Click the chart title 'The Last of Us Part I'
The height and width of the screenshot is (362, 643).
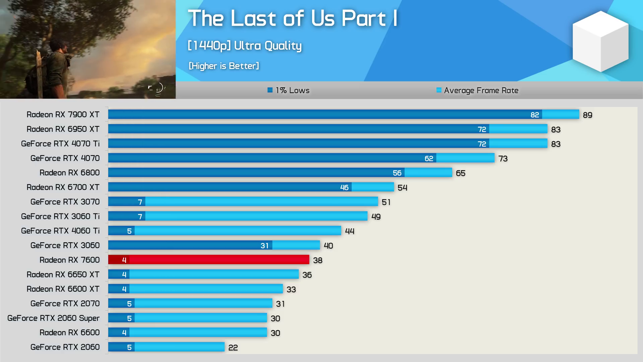tap(292, 18)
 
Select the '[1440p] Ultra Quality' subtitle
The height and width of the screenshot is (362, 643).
tap(244, 46)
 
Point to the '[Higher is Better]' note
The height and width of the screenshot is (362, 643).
tap(224, 66)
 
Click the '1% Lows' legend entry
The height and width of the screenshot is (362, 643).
tap(288, 90)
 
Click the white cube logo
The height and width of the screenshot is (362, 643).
tap(600, 41)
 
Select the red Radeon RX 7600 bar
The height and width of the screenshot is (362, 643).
tap(218, 260)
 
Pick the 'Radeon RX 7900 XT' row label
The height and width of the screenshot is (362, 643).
tap(63, 115)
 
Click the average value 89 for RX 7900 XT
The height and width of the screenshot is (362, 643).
tap(587, 115)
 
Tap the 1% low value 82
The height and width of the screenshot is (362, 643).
tap(534, 115)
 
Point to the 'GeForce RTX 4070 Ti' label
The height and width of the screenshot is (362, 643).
tap(60, 144)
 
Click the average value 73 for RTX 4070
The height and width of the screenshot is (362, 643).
tap(503, 159)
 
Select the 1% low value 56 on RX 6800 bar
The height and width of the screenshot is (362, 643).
tap(397, 173)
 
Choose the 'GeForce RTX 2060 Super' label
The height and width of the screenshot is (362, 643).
tap(53, 318)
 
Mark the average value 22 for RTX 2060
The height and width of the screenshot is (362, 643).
tap(233, 348)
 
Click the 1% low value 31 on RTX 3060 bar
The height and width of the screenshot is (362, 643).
tap(264, 246)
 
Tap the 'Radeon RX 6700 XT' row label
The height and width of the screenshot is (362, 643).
tap(63, 187)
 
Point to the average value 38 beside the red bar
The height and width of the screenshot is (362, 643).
tap(317, 260)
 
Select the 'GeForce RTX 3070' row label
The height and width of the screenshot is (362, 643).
tap(65, 202)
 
